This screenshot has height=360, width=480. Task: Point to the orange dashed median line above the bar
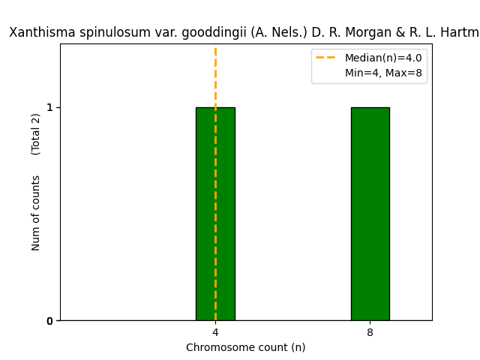pyautogui.click(x=215, y=75)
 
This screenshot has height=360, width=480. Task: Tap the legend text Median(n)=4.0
pyautogui.click(x=383, y=58)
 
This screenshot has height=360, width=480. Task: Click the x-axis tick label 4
pyautogui.click(x=215, y=332)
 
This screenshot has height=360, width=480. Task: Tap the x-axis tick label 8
pyautogui.click(x=370, y=332)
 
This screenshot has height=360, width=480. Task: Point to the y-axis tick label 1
pyautogui.click(x=49, y=107)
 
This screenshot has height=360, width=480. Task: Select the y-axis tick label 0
pyautogui.click(x=49, y=321)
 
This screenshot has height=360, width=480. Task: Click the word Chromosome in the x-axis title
pyautogui.click(x=218, y=347)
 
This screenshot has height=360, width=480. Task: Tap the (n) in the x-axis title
pyautogui.click(x=298, y=347)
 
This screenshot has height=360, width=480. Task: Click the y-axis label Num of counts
pyautogui.click(x=36, y=213)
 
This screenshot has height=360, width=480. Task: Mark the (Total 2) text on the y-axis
pyautogui.click(x=36, y=134)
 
